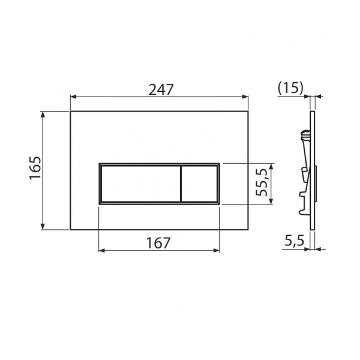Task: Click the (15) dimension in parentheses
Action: pos(291,88)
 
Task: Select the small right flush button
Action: pos(200,183)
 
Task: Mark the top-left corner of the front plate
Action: pos(71,111)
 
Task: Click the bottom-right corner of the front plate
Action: pos(248,229)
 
